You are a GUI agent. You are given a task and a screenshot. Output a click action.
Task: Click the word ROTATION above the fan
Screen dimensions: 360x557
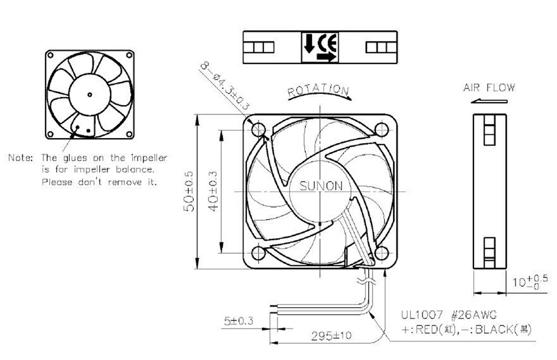tap(319, 90)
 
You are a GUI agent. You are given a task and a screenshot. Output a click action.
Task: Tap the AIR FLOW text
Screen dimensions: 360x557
tap(489, 87)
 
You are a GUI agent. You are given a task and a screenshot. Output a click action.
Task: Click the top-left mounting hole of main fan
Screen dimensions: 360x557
tap(258, 129)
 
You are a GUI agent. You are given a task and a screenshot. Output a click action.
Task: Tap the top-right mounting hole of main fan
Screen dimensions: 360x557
tap(382, 129)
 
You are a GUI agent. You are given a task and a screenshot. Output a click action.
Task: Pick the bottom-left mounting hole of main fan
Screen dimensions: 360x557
tap(258, 254)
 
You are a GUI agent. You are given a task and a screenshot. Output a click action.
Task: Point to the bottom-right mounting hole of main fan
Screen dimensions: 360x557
tap(382, 254)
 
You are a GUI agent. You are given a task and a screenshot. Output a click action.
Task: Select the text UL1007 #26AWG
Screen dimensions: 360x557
tap(441, 315)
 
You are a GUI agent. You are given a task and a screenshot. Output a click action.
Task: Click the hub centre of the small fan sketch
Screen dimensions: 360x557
tap(90, 93)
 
